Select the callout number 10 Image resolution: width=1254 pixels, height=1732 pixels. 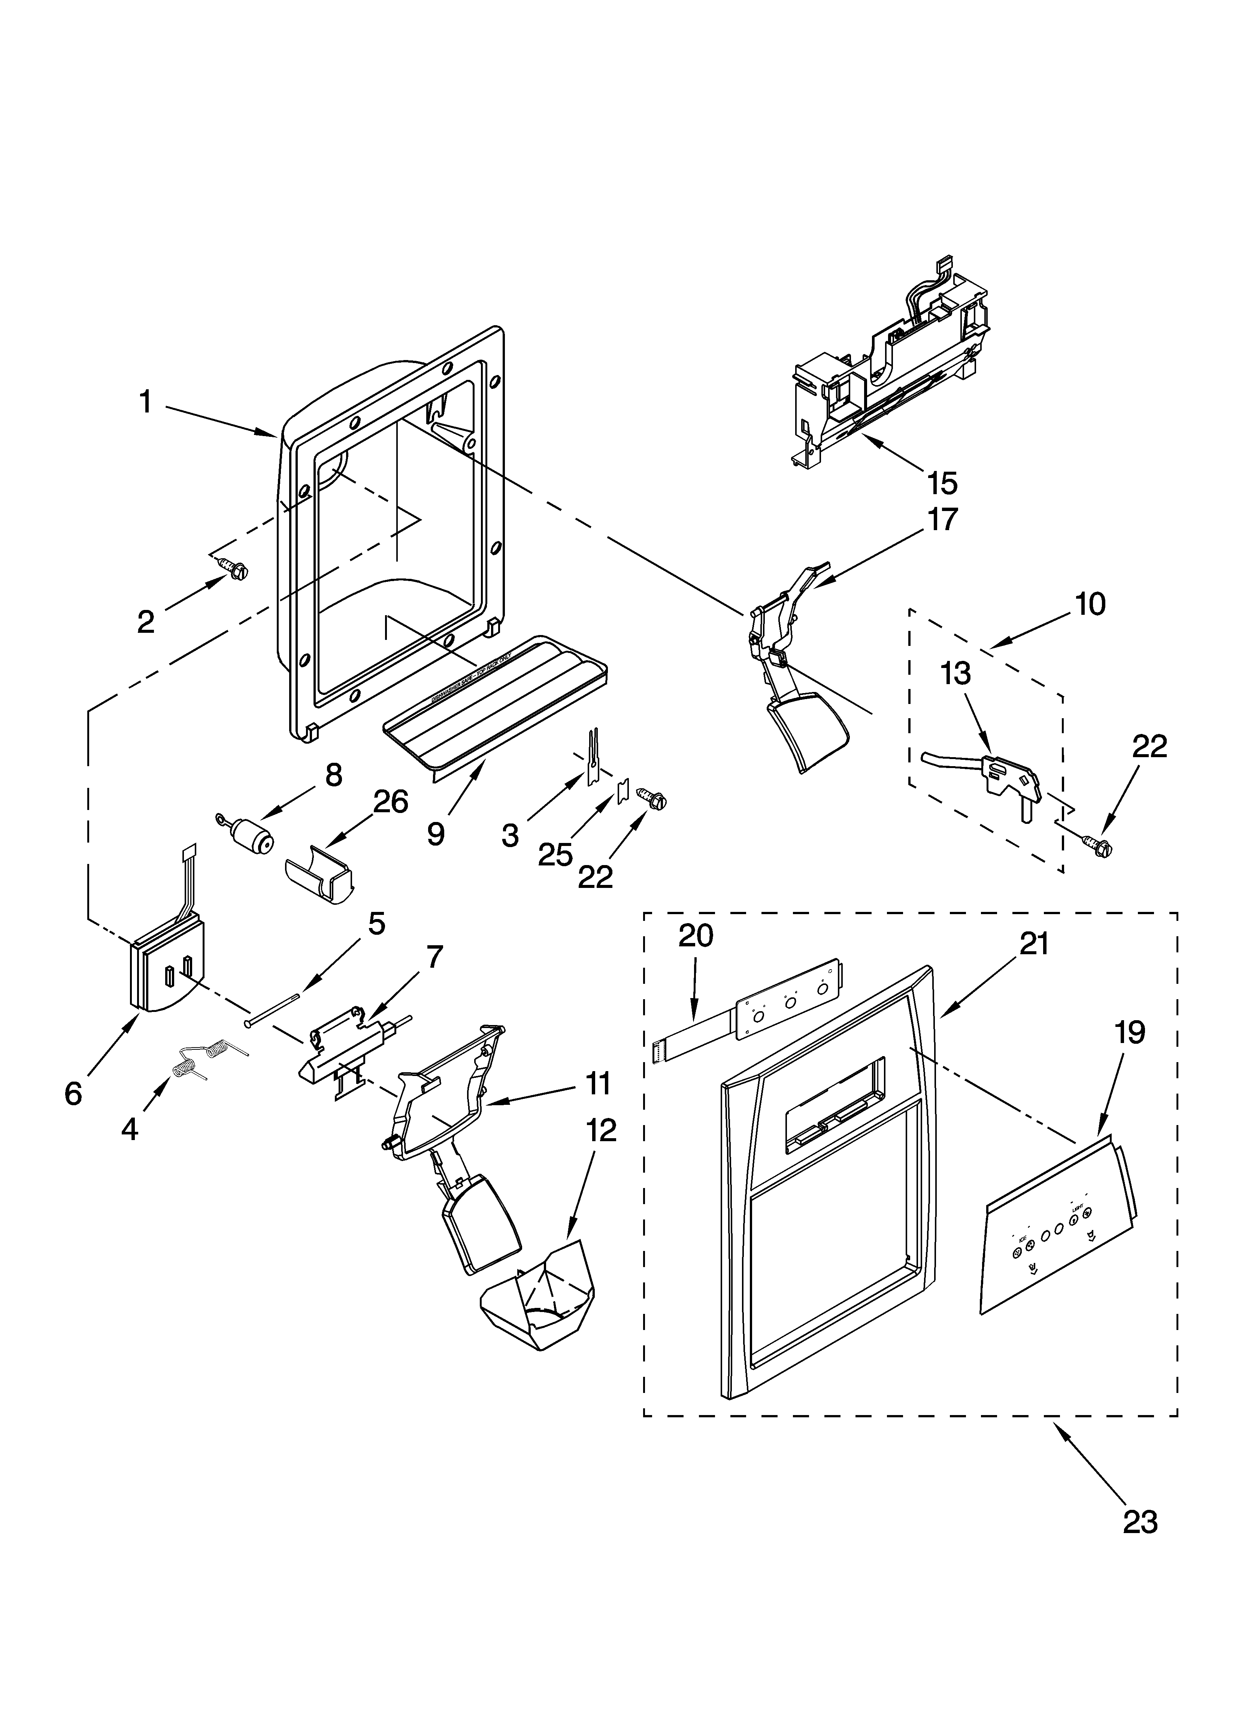(x=1090, y=604)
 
